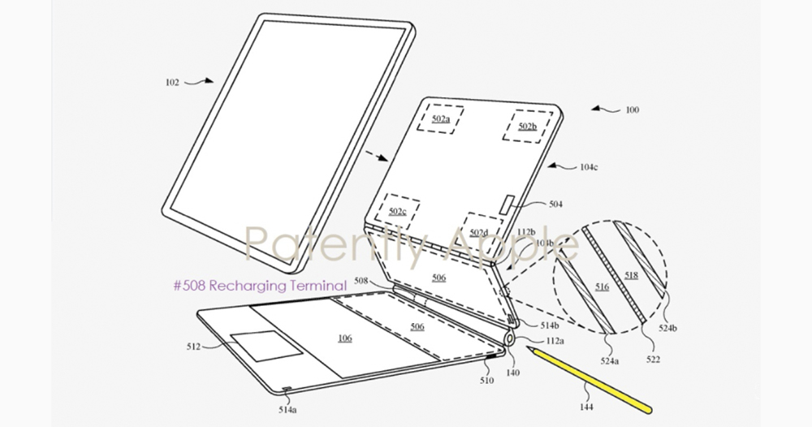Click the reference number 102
[x=173, y=81]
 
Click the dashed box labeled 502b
[x=527, y=127]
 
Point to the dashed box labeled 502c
[x=397, y=212]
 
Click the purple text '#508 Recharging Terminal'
[x=260, y=285]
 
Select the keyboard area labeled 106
[x=345, y=338]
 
